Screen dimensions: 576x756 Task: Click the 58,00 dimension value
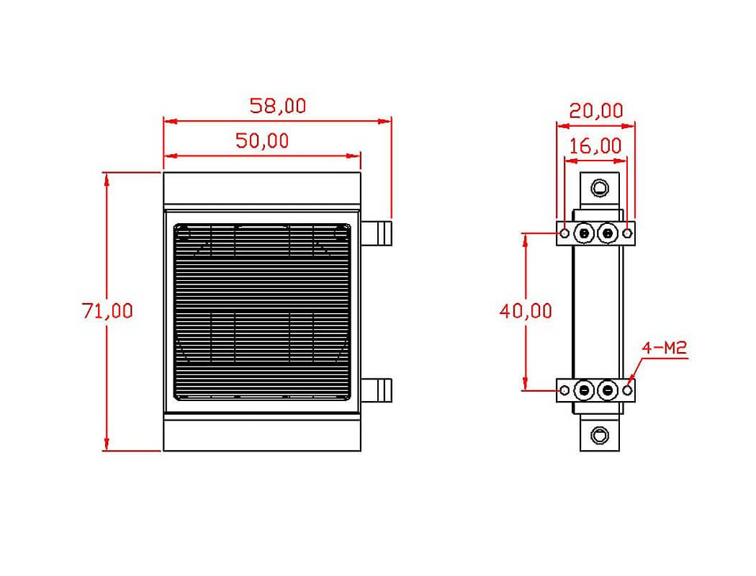[x=277, y=107]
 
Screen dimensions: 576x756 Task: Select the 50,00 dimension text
[x=262, y=141]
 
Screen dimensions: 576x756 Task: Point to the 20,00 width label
[x=596, y=111]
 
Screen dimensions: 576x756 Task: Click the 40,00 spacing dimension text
[x=526, y=311]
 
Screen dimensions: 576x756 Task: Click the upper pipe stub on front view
[x=379, y=233]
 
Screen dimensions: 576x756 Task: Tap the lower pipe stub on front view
[x=379, y=390]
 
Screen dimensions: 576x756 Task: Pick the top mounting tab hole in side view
[x=600, y=189]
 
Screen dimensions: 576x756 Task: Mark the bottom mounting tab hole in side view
[x=600, y=435]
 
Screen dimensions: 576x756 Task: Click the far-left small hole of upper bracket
[x=565, y=233]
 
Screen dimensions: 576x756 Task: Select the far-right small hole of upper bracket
[x=628, y=233]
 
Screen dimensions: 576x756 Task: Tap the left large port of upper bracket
[x=584, y=233]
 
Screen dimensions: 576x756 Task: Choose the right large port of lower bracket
[x=609, y=390]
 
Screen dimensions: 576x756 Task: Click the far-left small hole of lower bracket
[x=565, y=390]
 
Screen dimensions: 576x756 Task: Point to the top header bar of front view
[x=262, y=189]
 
